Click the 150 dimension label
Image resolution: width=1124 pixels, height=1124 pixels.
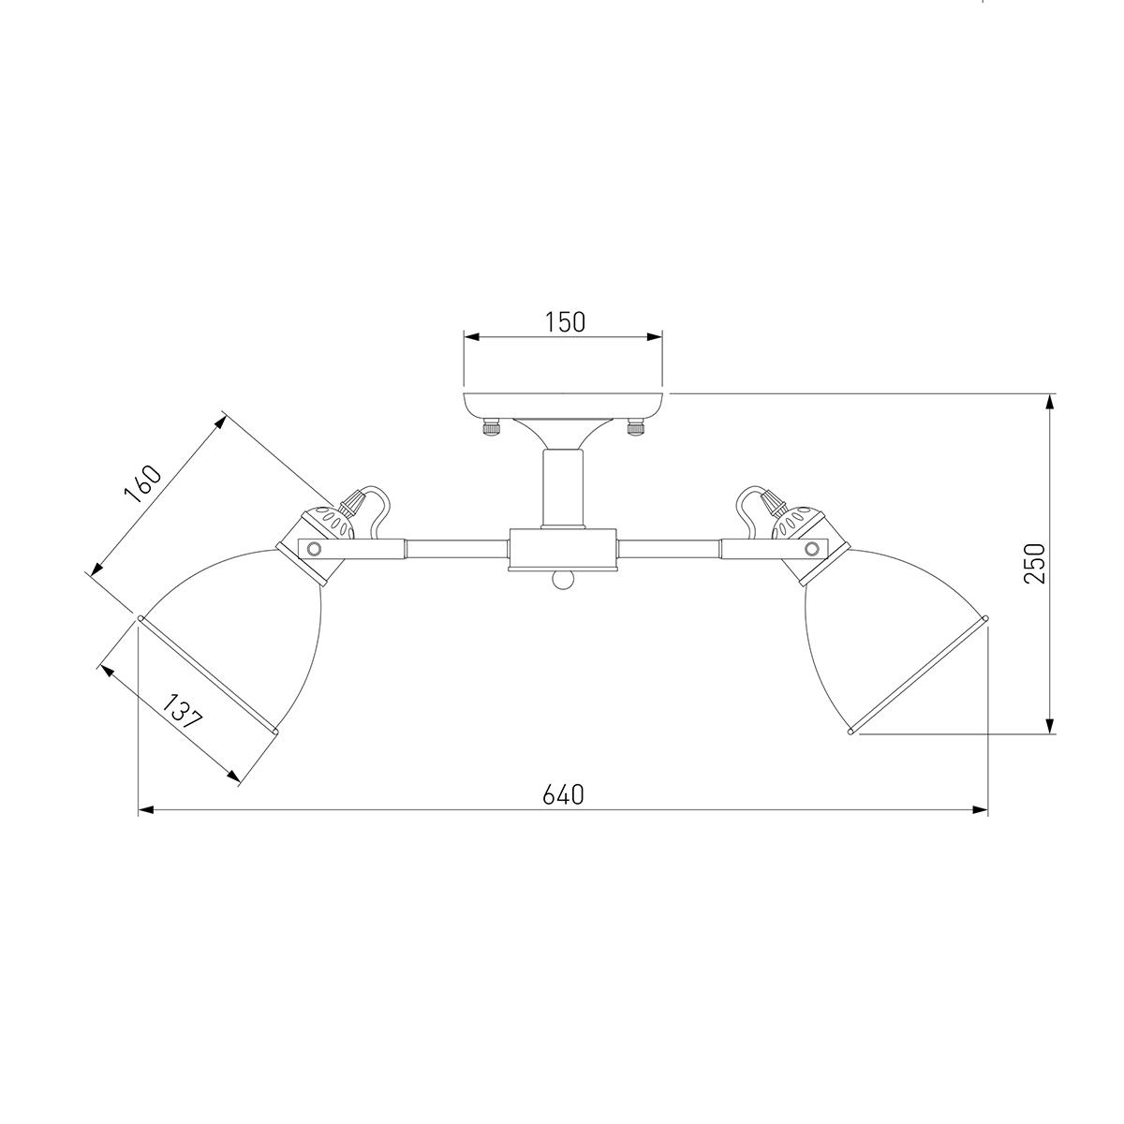tap(565, 322)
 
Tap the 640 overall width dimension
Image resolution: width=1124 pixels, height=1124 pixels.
tap(563, 794)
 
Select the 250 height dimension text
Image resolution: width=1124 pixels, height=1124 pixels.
tap(1034, 563)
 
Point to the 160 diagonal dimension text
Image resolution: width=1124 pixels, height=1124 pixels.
tap(142, 484)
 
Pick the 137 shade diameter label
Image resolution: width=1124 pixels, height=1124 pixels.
tap(182, 712)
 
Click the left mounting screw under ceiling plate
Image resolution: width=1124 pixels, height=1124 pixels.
tap(491, 427)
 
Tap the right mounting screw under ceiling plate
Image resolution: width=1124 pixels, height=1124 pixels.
tap(635, 427)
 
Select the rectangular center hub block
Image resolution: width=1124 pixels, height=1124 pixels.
tap(563, 549)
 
